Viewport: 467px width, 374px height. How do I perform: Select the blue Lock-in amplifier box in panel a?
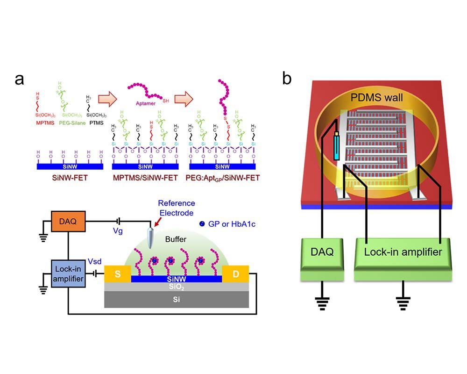click(68, 274)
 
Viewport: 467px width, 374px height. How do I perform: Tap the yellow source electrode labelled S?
click(118, 274)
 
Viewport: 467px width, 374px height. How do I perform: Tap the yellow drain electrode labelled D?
click(236, 274)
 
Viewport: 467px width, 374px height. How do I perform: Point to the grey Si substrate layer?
click(177, 300)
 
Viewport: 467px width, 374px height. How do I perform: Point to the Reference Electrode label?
click(176, 208)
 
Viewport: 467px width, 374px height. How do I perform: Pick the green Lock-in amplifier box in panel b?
click(403, 252)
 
